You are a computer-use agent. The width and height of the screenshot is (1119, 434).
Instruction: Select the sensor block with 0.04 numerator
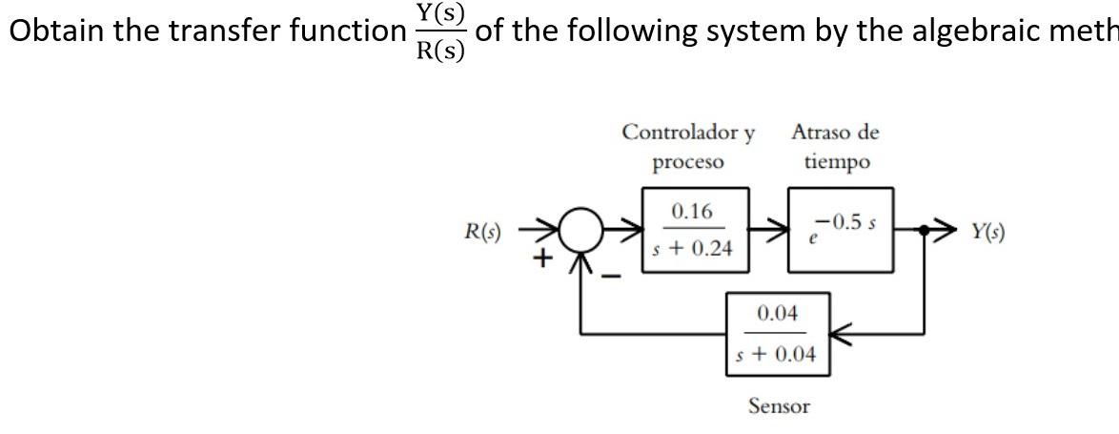(x=777, y=334)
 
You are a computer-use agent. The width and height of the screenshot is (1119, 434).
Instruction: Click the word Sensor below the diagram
(x=779, y=406)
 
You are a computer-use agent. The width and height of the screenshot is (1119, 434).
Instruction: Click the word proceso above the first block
(x=687, y=162)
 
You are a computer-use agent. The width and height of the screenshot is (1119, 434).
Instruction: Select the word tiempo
(x=836, y=162)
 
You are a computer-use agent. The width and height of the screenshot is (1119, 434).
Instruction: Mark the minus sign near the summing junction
(x=615, y=276)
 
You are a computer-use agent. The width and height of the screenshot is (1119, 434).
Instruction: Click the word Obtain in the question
(x=56, y=31)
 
